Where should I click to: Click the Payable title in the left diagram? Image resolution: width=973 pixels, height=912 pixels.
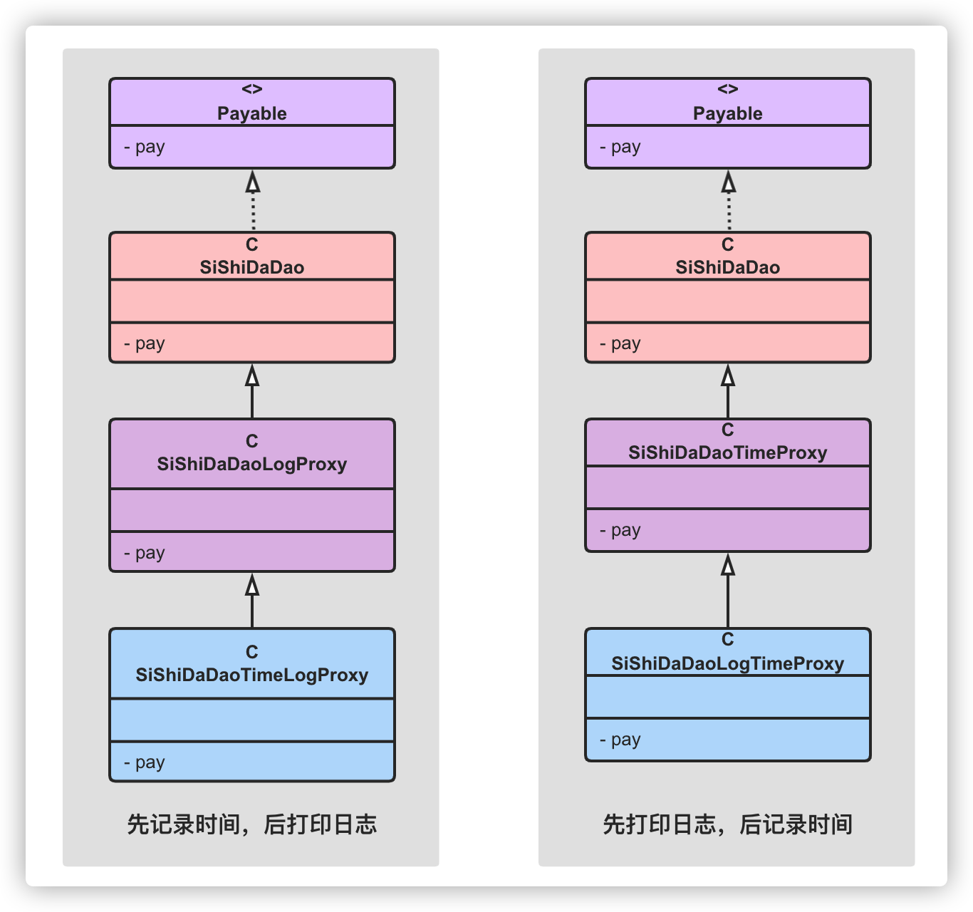click(251, 113)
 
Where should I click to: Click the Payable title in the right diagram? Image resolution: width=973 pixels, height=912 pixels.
click(727, 113)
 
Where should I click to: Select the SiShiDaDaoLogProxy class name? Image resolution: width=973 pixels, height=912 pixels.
click(251, 464)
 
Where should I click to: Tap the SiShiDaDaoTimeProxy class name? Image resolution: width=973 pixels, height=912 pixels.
click(727, 452)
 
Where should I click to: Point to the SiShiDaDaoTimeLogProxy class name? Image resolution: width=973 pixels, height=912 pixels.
click(251, 675)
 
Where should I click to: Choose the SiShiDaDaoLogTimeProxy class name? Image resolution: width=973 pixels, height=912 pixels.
click(727, 663)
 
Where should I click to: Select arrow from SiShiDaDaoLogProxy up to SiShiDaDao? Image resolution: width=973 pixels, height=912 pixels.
click(252, 391)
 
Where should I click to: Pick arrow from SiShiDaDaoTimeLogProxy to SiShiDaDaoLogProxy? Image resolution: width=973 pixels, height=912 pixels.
click(252, 600)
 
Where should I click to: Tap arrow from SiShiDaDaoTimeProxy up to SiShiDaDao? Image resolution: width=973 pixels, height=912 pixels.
click(728, 391)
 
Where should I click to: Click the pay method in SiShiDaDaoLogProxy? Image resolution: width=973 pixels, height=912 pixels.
click(145, 553)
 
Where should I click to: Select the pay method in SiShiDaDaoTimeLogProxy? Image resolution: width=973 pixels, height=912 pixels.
click(145, 762)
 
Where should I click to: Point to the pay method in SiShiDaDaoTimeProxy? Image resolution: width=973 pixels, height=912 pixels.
click(620, 530)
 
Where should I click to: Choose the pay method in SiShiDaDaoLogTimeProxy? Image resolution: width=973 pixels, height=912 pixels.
click(620, 740)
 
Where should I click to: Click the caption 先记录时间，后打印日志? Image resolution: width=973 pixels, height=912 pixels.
click(251, 824)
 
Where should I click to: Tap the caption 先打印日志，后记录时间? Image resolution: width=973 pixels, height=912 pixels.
click(727, 824)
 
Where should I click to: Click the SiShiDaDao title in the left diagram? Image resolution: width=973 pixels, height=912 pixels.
click(251, 267)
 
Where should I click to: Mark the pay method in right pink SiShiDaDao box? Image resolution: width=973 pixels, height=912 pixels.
click(620, 343)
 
